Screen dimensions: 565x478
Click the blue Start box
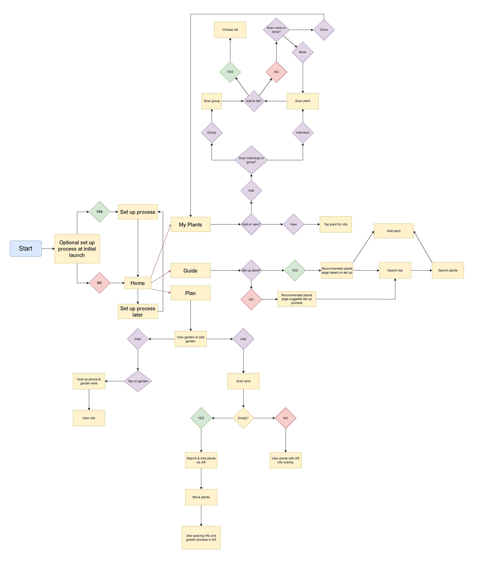coord(26,249)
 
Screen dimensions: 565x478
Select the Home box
coord(138,283)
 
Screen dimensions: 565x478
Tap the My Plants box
coord(190,224)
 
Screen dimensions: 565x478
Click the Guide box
coord(190,270)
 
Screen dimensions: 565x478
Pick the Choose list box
coord(230,30)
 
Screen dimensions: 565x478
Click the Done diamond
coord(324,30)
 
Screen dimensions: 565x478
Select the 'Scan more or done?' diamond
coord(276,30)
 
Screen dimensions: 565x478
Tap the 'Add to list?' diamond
coord(254,101)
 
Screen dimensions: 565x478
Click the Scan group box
coord(212,101)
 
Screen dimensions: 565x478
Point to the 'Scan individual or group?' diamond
coord(251,160)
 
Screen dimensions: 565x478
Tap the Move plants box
coord(201,497)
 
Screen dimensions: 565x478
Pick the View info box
coord(89,418)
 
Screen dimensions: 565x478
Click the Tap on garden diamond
coord(138,381)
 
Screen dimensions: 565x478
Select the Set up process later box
coord(138,311)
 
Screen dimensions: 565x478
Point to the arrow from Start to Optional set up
coord(48,249)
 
